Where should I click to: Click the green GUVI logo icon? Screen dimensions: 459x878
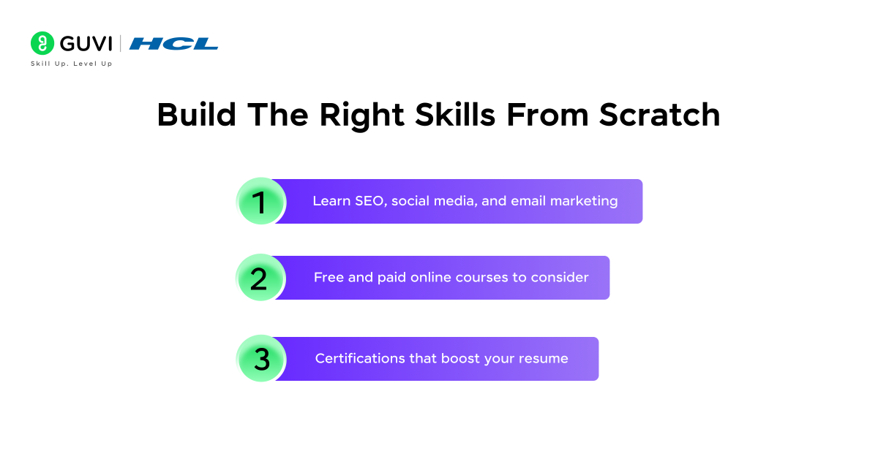(42, 43)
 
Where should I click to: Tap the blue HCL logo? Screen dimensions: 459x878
(173, 44)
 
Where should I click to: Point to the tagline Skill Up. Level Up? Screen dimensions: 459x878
(71, 64)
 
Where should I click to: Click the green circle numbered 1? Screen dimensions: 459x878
(260, 201)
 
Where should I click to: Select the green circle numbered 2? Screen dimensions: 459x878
(260, 278)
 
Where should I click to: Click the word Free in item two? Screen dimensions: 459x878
(328, 278)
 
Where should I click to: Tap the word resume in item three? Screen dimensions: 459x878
(544, 359)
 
